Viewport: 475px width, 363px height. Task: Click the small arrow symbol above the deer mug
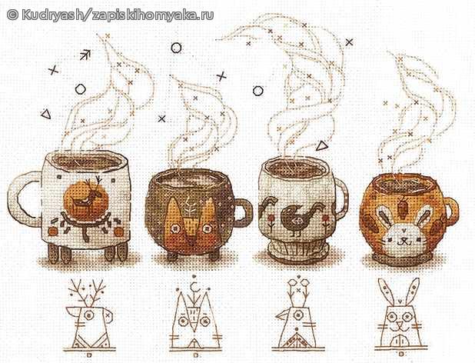coord(85,55)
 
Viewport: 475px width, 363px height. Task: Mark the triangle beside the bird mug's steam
coord(322,146)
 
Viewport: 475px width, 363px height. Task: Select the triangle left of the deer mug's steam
coord(46,114)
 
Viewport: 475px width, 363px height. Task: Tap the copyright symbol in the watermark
coord(12,15)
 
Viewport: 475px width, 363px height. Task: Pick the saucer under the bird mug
coord(297,252)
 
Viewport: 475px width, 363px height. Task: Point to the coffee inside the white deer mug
coord(88,163)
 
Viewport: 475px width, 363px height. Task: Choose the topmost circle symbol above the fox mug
coord(176,48)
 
